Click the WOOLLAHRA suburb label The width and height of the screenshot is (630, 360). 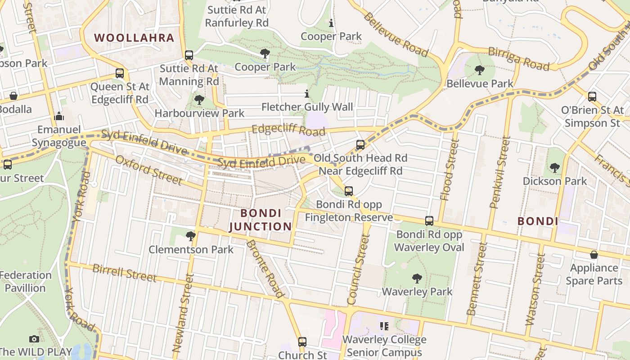[x=134, y=38]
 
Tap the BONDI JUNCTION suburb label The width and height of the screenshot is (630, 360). [x=261, y=220]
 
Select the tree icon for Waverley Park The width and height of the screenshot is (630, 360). [x=417, y=279]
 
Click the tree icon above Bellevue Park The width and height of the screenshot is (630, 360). [x=480, y=70]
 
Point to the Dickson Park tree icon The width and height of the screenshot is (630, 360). [x=555, y=168]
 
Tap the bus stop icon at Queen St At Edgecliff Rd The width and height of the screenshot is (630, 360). [x=120, y=73]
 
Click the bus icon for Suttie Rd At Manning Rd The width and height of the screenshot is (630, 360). [x=189, y=55]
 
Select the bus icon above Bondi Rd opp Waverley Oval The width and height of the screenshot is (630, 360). [x=429, y=221]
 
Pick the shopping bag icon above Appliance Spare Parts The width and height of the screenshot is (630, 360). [x=594, y=255]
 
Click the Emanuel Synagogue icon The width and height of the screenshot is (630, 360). [x=59, y=117]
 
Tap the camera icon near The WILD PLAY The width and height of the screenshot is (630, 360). [x=34, y=339]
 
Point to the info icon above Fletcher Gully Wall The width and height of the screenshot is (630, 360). [x=307, y=94]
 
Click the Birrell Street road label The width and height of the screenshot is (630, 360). [x=124, y=273]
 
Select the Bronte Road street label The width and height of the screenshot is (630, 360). [x=266, y=269]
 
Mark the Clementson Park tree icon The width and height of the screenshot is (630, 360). [x=191, y=236]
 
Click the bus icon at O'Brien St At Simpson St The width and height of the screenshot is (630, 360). [x=592, y=96]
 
